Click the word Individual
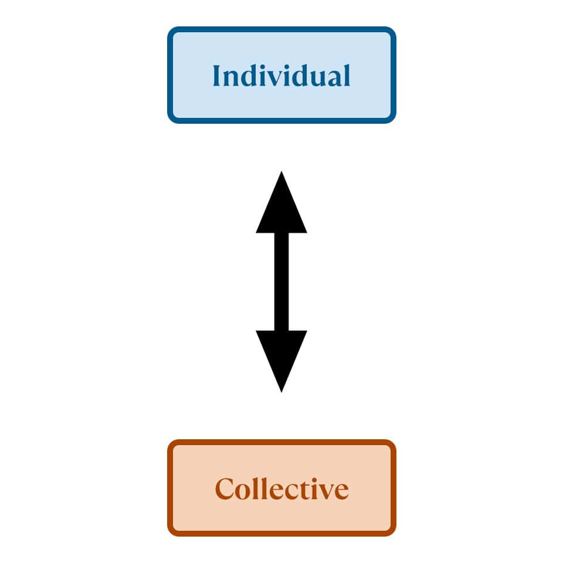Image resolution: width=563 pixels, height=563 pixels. click(x=281, y=76)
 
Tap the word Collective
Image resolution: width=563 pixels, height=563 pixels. click(x=281, y=489)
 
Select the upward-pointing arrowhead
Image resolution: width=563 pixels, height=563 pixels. click(x=281, y=208)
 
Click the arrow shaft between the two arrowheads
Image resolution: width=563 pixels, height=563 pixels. click(x=281, y=281)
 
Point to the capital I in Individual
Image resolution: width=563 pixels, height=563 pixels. click(x=217, y=76)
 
